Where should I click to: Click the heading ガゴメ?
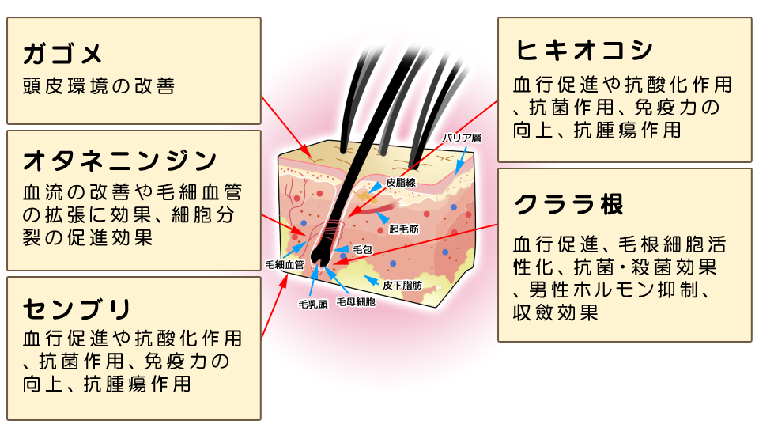[62, 53]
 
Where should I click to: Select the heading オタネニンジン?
[119, 161]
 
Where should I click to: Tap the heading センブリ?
[77, 309]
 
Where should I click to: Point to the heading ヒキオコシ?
[583, 51]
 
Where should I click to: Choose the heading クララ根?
[568, 204]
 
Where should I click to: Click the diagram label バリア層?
[462, 138]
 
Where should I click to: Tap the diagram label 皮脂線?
[401, 183]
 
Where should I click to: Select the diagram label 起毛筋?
[404, 229]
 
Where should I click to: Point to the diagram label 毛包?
[362, 249]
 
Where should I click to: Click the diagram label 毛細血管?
[285, 265]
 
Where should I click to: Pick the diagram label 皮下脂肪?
[402, 286]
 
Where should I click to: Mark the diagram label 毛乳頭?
[313, 304]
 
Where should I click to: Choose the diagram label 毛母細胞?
[356, 302]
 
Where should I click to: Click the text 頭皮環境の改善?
[98, 86]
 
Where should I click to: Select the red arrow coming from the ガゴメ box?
[286, 127]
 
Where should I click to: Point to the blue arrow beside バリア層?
[462, 161]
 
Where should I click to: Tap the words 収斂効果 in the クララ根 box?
[556, 312]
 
